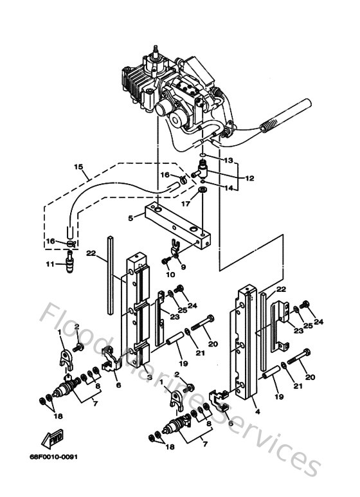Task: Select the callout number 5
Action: tap(130, 218)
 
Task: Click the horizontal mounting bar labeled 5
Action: tap(177, 225)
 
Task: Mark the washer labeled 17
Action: tap(203, 190)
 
